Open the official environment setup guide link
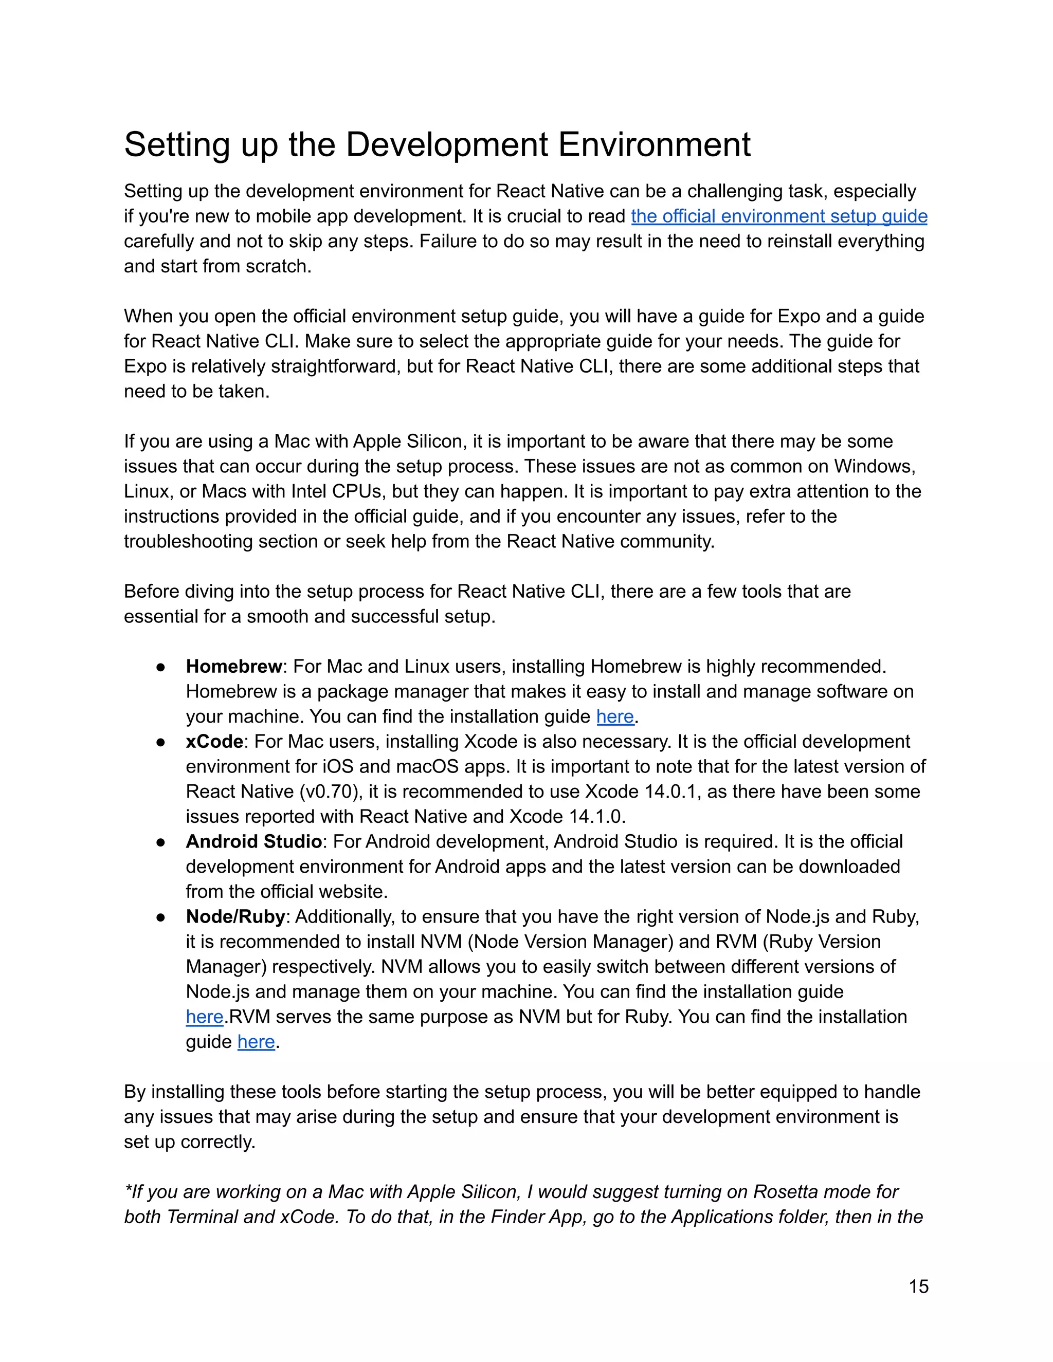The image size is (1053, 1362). pos(778,216)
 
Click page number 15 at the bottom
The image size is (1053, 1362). pos(918,1286)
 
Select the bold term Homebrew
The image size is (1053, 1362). pos(234,667)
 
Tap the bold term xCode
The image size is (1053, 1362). pos(214,742)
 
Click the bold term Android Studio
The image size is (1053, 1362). pos(253,842)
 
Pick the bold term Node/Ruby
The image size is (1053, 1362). pos(235,917)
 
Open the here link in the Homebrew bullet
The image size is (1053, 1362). pos(614,716)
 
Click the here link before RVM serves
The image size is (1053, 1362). pos(204,1017)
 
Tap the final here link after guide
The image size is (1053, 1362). pos(256,1042)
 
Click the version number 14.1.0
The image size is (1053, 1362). pos(596,817)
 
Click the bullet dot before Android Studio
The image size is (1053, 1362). pos(161,842)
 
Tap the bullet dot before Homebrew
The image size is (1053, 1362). pos(161,667)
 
